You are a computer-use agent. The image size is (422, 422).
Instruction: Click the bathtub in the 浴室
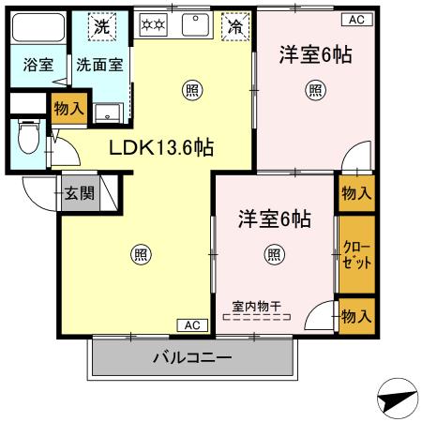click(38, 27)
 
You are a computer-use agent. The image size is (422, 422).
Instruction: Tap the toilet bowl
click(29, 137)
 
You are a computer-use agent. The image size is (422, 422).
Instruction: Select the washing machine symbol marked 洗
click(102, 26)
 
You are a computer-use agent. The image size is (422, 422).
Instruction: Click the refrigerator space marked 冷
click(235, 26)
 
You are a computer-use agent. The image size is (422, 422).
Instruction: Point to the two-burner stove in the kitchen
click(153, 24)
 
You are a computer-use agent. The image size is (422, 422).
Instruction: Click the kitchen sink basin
click(196, 24)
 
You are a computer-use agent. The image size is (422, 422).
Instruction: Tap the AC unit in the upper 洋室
click(356, 20)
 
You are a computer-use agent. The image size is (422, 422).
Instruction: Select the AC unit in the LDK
click(192, 325)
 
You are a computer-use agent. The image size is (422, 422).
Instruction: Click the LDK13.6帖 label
click(161, 147)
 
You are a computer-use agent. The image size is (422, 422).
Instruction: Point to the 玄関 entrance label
click(80, 193)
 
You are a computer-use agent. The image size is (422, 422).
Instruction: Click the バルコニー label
click(192, 357)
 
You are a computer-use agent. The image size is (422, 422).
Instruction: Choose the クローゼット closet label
click(356, 255)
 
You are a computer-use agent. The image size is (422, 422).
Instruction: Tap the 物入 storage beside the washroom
click(69, 109)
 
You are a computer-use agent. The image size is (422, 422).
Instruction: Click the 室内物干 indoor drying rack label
click(257, 306)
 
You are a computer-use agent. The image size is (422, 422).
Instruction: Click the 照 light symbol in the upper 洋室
click(315, 90)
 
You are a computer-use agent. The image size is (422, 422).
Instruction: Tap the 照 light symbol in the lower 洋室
click(275, 255)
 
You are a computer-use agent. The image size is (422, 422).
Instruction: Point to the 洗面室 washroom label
click(99, 65)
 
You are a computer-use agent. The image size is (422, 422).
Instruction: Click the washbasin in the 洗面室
click(108, 113)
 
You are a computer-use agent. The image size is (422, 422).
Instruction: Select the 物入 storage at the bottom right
click(356, 316)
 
